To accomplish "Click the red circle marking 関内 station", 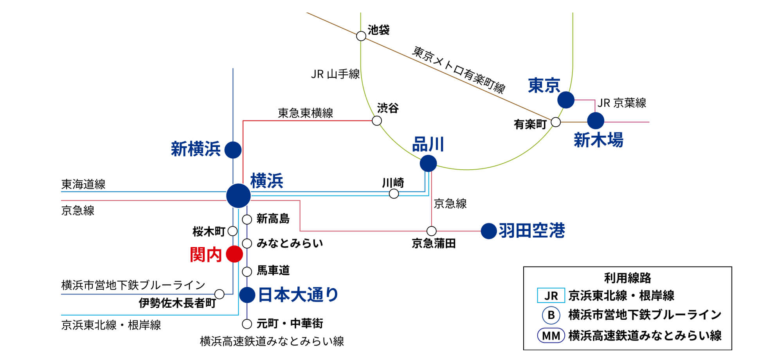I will click(x=234, y=254).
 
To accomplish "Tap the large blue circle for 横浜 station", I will click(x=238, y=195).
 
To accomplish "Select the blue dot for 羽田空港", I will click(x=488, y=231).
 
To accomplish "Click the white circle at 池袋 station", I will click(x=361, y=36).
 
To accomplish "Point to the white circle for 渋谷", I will click(x=376, y=120).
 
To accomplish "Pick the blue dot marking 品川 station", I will click(x=428, y=163).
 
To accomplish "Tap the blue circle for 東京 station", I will click(x=565, y=100).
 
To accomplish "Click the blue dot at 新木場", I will click(x=596, y=121).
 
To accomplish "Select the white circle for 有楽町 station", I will click(x=555, y=122).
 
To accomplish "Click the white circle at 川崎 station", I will click(x=394, y=194).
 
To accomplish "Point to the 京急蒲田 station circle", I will click(x=431, y=231).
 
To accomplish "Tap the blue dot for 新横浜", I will click(x=233, y=150).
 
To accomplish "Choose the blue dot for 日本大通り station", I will click(x=247, y=295).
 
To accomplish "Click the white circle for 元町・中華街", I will click(x=247, y=324).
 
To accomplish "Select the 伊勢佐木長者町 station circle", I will click(x=220, y=294).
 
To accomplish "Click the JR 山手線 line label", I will click(x=335, y=74).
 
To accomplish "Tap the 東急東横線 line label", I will click(x=305, y=113).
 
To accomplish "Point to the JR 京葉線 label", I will click(x=621, y=103).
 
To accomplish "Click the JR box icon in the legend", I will click(x=551, y=295).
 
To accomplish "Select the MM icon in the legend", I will click(x=551, y=335).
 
